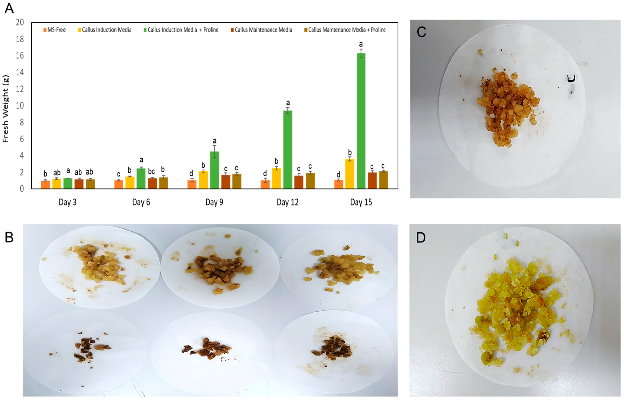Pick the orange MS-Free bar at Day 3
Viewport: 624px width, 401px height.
[x=45, y=184]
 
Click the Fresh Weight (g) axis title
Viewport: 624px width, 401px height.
[x=6, y=109]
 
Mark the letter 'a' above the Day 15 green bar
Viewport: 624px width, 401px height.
[x=361, y=44]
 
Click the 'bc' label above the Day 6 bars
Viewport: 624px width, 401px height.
[x=151, y=171]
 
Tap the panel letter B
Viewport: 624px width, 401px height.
[x=9, y=237]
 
